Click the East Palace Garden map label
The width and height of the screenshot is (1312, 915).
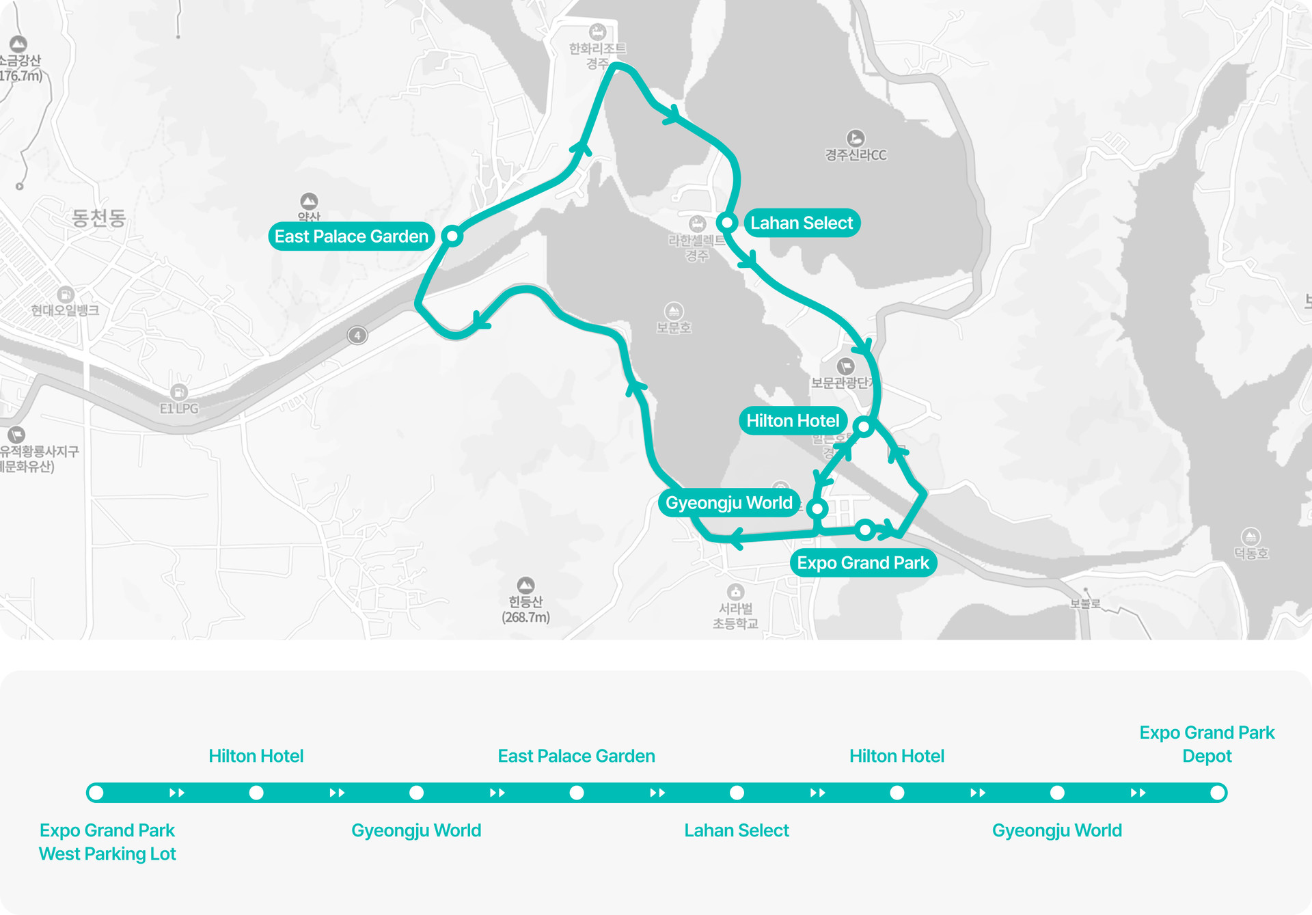(351, 236)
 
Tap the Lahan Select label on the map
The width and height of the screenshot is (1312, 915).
(801, 223)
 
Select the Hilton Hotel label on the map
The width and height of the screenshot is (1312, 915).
(793, 420)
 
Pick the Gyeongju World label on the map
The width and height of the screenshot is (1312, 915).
(728, 503)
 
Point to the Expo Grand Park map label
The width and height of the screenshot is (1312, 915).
(862, 563)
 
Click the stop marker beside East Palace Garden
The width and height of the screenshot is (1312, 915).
(452, 236)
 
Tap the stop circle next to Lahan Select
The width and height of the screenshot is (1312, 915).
(727, 223)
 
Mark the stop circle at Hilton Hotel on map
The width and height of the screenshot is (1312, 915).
(864, 427)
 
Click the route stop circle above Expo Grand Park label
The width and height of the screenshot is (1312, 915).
(865, 530)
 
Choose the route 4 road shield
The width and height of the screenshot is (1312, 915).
(357, 336)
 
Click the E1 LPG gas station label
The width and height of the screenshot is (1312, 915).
(179, 408)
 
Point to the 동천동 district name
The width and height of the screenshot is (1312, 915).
(99, 218)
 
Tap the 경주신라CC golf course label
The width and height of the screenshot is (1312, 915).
(856, 155)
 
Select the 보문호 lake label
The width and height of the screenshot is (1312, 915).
(674, 327)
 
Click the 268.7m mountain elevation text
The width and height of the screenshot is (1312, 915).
(525, 617)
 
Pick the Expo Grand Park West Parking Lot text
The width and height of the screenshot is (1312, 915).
(107, 842)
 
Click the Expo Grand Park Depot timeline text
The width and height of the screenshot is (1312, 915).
(1207, 744)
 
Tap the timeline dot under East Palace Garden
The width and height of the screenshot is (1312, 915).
(577, 793)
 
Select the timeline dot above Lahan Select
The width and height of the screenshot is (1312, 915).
(737, 793)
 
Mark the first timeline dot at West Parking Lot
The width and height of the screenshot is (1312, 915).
(96, 793)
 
